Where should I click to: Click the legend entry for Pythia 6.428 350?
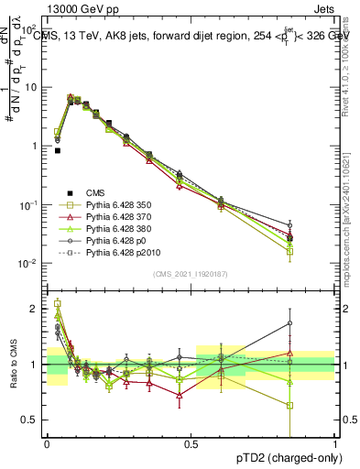pyautogui.click(x=114, y=206)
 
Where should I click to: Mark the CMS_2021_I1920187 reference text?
pyautogui.click(x=191, y=274)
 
